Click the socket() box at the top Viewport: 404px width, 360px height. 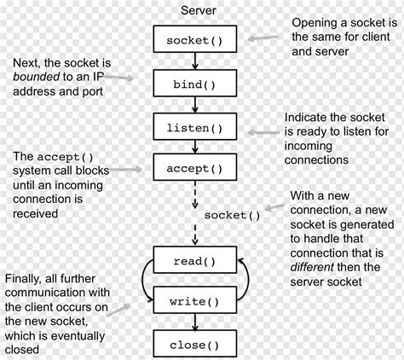(196, 39)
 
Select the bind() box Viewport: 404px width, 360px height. (196, 84)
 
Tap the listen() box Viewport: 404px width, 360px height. (196, 128)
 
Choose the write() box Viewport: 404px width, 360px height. (196, 301)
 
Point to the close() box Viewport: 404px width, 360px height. (196, 345)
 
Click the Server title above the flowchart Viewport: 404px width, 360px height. (197, 9)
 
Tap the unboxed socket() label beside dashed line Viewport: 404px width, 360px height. (232, 214)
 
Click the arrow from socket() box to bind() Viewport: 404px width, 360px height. (196, 61)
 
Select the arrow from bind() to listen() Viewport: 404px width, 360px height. (196, 106)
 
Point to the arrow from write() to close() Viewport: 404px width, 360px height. (196, 322)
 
